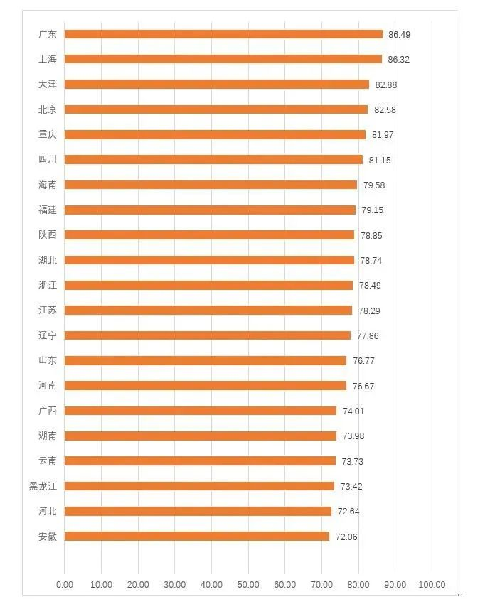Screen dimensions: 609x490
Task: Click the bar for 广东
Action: click(223, 34)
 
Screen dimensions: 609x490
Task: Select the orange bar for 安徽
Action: click(197, 537)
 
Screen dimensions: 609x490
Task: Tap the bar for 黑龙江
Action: click(199, 486)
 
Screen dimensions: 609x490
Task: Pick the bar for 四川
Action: click(213, 160)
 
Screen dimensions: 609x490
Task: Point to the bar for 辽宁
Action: click(208, 335)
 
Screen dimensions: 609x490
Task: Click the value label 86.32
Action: click(398, 60)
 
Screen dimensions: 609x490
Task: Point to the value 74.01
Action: click(353, 411)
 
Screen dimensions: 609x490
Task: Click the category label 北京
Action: click(48, 109)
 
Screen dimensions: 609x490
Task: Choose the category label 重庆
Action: click(48, 134)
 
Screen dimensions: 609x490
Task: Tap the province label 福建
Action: click(48, 210)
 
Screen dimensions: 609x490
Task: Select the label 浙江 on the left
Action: click(48, 285)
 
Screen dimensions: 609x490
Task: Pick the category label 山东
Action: click(48, 360)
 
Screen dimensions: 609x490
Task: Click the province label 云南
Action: click(48, 460)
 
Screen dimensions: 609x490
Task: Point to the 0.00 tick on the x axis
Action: click(64, 585)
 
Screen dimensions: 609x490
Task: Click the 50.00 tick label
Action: click(248, 585)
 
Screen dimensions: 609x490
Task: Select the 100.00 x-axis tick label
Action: click(432, 585)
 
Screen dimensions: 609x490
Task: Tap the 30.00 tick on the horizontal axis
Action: click(174, 585)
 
